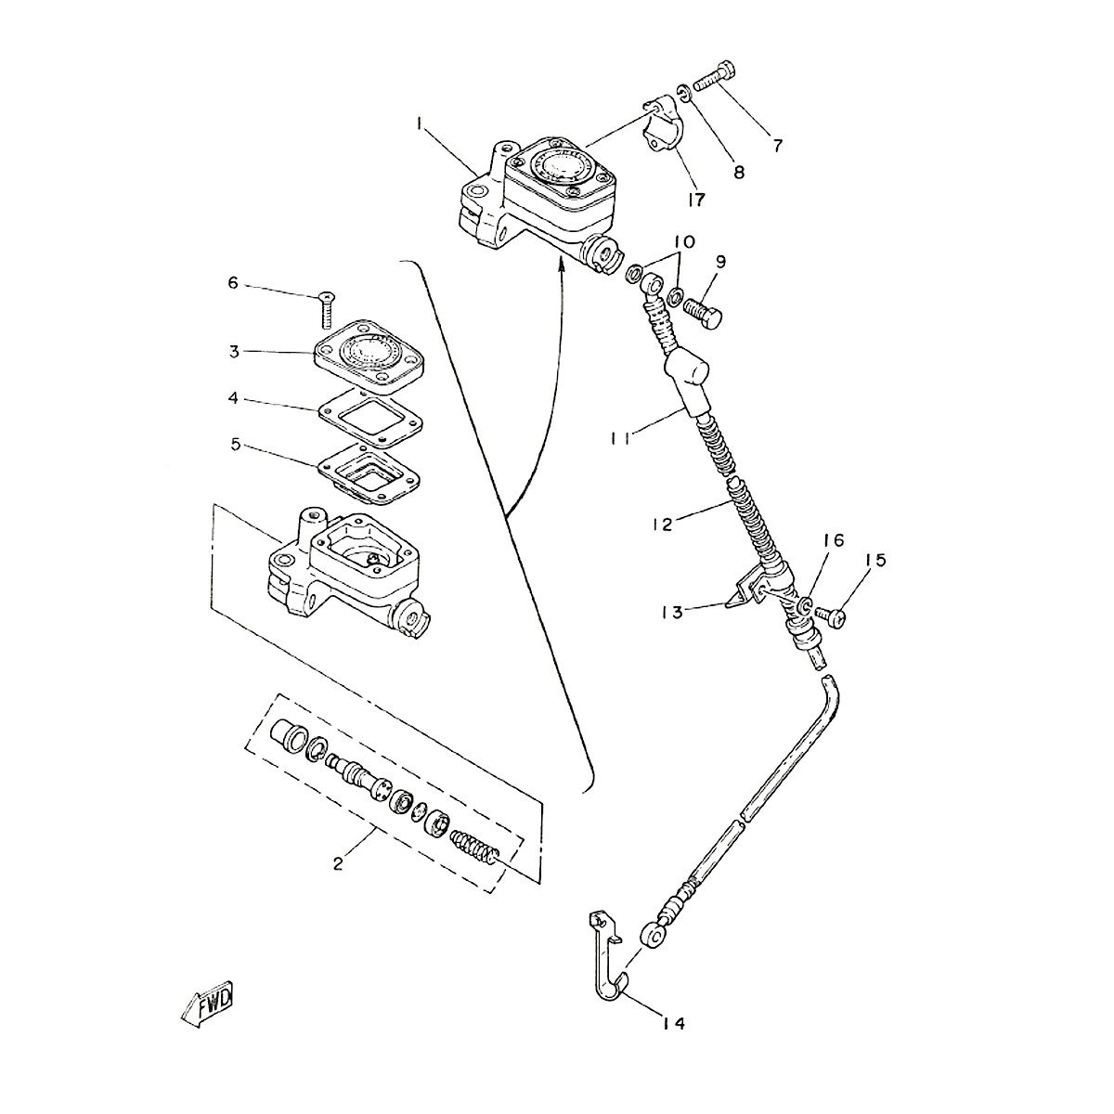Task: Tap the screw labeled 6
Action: (327, 310)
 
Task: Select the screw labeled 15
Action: (830, 615)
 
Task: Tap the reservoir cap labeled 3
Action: (369, 353)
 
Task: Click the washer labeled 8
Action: (683, 93)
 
